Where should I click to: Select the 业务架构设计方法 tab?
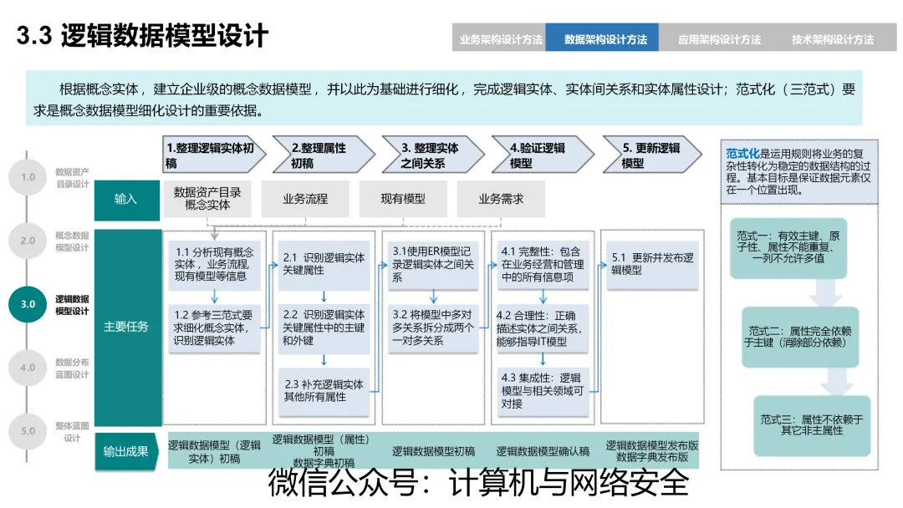[x=499, y=38]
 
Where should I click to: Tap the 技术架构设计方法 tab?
[x=832, y=38]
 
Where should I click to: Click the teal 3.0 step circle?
[x=28, y=304]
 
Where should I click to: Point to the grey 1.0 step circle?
[x=28, y=177]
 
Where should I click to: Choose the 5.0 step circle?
[x=28, y=431]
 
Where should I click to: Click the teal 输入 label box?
[x=126, y=199]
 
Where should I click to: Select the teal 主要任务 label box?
[x=126, y=327]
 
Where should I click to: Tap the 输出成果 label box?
[x=126, y=451]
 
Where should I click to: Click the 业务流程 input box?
[x=305, y=199]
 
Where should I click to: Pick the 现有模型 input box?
[x=403, y=199]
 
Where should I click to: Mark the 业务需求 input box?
[x=501, y=199]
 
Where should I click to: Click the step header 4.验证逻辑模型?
[x=543, y=155]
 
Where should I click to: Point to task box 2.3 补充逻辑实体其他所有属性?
[x=324, y=391]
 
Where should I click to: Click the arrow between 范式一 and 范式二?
[x=825, y=292]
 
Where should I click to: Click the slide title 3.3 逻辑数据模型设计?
[x=142, y=36]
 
